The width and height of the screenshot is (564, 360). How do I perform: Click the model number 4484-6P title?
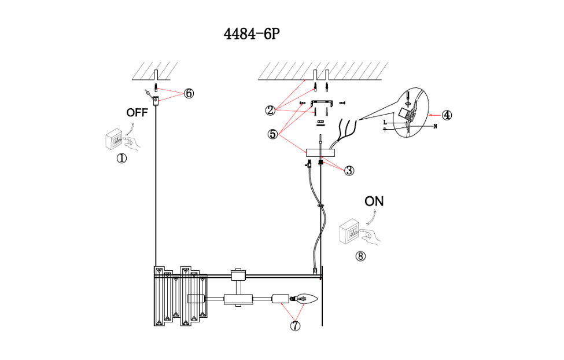point(252,34)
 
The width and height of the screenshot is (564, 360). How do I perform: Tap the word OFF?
point(137,113)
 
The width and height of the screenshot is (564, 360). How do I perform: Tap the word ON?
point(374,201)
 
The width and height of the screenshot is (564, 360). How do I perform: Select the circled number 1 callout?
point(121,158)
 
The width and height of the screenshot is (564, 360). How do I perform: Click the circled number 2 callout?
point(270,109)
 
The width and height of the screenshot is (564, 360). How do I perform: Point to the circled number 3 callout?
point(349,170)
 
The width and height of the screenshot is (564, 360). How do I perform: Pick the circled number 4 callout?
point(447,115)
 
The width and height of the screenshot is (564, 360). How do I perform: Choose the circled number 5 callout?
point(272,134)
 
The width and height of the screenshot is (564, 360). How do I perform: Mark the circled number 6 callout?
point(189,94)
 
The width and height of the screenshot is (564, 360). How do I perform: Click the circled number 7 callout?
point(295,326)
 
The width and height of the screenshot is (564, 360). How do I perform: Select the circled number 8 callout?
point(361,256)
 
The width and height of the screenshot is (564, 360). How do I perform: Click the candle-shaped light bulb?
point(305,299)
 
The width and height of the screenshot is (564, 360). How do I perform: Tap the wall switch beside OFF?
point(116,140)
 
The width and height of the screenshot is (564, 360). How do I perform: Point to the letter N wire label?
point(434,126)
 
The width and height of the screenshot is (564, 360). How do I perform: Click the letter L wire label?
point(385,123)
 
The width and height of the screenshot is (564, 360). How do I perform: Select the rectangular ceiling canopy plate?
point(321,153)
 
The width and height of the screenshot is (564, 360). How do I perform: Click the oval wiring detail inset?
point(410,114)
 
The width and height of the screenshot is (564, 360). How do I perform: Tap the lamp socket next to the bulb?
point(281,299)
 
